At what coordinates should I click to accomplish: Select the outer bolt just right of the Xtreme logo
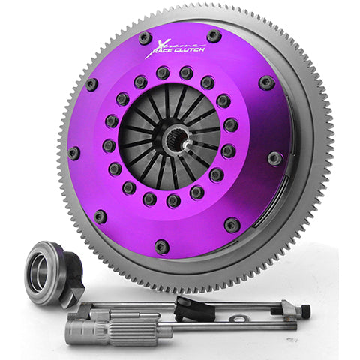(214, 35)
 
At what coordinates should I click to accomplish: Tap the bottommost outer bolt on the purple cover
(162, 245)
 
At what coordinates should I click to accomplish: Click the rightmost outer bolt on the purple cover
(276, 158)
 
